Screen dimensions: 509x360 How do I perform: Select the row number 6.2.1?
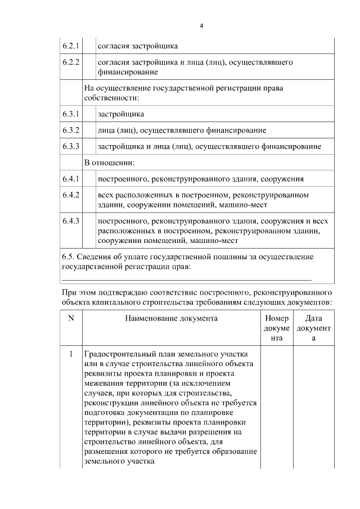70,46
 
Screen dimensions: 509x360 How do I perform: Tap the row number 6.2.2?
70,62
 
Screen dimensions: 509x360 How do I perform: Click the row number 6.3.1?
70,114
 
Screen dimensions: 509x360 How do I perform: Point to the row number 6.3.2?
70,130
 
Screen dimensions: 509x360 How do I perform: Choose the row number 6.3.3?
70,147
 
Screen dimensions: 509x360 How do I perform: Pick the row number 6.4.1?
70,179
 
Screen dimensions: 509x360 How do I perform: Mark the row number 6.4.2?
70,195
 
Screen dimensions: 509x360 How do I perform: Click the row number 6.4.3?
70,221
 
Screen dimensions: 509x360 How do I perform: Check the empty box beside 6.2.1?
88,46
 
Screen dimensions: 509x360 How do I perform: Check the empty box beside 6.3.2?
88,130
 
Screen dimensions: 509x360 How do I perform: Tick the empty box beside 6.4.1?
88,179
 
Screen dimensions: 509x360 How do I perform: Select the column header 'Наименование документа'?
171,318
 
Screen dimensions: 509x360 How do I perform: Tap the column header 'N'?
71,318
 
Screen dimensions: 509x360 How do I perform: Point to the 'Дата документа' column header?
313,328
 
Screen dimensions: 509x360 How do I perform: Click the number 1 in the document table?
71,354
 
